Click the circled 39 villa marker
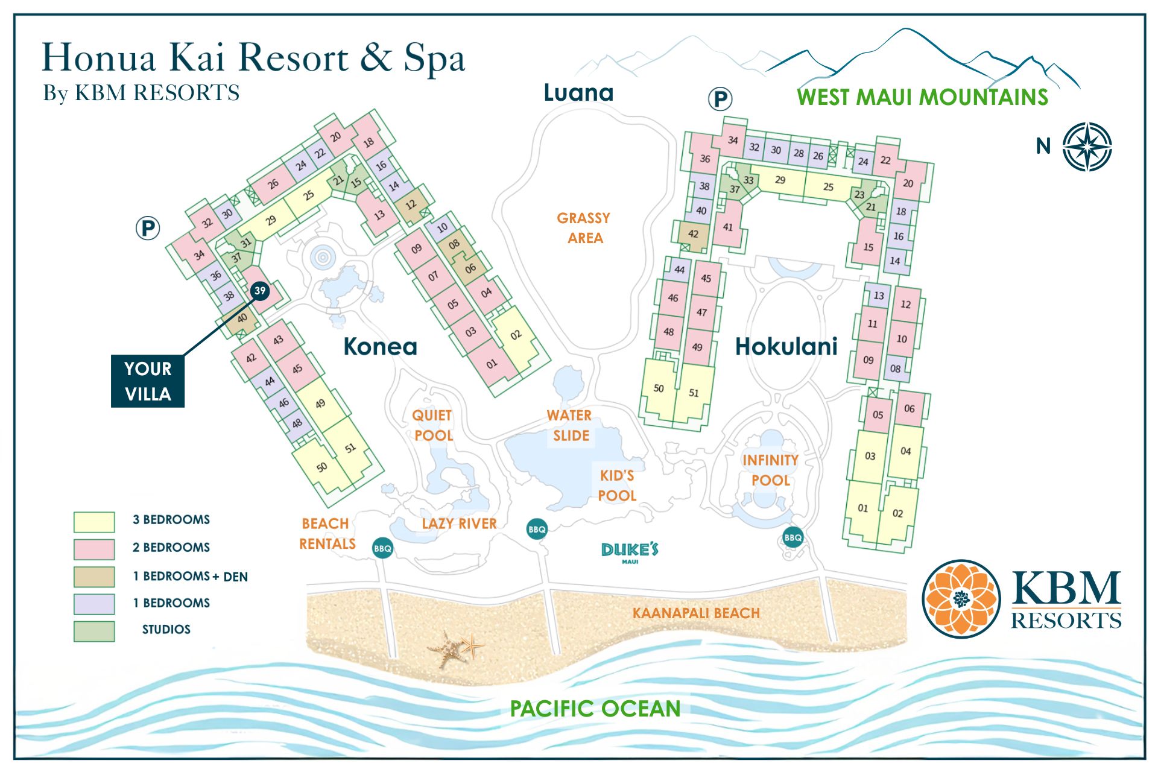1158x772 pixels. (259, 291)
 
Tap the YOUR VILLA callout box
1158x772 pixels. (148, 381)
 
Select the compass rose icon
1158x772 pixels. (1087, 147)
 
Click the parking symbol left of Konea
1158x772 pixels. (148, 229)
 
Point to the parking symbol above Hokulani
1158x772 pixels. (720, 99)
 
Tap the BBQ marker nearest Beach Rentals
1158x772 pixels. (382, 548)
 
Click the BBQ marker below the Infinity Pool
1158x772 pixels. (793, 537)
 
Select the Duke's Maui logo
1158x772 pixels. (630, 551)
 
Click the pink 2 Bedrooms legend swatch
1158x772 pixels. (94, 549)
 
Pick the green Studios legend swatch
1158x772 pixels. (94, 631)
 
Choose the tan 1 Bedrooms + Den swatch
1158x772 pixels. (94, 577)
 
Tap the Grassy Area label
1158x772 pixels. (583, 227)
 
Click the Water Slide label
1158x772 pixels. (569, 425)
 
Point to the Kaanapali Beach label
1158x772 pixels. (695, 613)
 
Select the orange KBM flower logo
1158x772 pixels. (961, 598)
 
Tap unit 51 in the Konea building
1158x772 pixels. (350, 448)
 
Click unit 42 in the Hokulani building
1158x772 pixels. (694, 234)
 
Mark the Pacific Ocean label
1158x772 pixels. (595, 708)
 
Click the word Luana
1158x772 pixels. (578, 93)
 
